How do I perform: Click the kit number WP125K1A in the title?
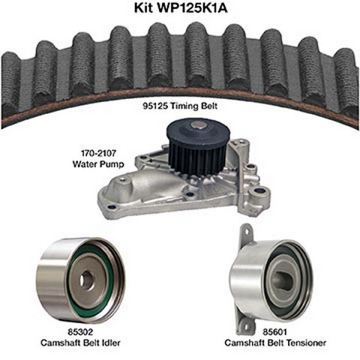[192, 7]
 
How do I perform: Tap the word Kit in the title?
[143, 7]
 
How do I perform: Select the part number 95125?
[154, 106]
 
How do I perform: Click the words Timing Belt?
[193, 106]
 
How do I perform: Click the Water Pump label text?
[98, 164]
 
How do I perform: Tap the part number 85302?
[80, 331]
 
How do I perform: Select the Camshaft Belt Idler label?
[80, 343]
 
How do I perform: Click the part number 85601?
[274, 331]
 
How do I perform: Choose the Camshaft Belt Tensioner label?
[275, 343]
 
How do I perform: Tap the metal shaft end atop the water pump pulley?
[197, 125]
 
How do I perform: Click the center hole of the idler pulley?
[85, 280]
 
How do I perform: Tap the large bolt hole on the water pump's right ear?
[259, 193]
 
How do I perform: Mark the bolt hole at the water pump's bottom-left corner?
[112, 207]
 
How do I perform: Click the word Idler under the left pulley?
[109, 343]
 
